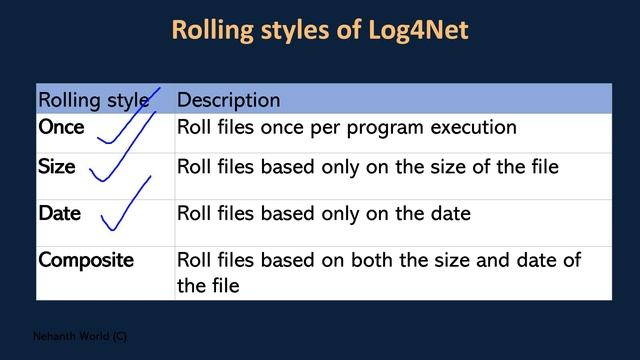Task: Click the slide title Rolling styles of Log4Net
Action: (x=320, y=31)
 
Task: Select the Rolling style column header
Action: (x=93, y=100)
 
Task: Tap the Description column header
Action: (x=228, y=100)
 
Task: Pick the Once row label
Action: (x=61, y=128)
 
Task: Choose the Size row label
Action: (x=56, y=167)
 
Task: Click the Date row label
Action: (x=59, y=213)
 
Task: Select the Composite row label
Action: (x=85, y=260)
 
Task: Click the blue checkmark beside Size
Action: (x=118, y=165)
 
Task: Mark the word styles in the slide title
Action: (x=290, y=31)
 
